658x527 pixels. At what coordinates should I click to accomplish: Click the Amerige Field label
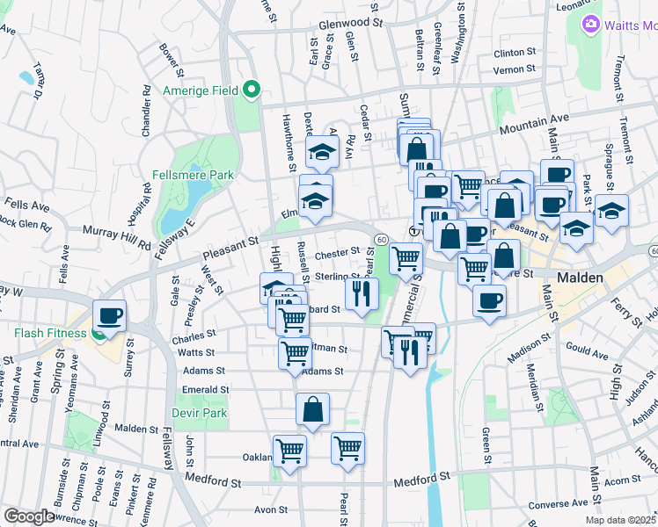pyautogui.click(x=201, y=90)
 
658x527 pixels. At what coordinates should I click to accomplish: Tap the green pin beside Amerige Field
pyautogui.click(x=251, y=89)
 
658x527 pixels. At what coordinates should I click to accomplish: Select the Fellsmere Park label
pyautogui.click(x=192, y=175)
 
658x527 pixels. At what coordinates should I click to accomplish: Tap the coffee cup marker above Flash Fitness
pyautogui.click(x=111, y=315)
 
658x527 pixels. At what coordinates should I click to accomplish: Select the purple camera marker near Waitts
pyautogui.click(x=591, y=25)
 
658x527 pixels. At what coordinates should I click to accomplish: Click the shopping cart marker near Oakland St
pyautogui.click(x=289, y=451)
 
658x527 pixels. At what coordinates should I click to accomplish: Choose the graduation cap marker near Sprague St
pyautogui.click(x=611, y=211)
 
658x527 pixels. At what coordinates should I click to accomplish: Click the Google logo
pyautogui.click(x=28, y=516)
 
